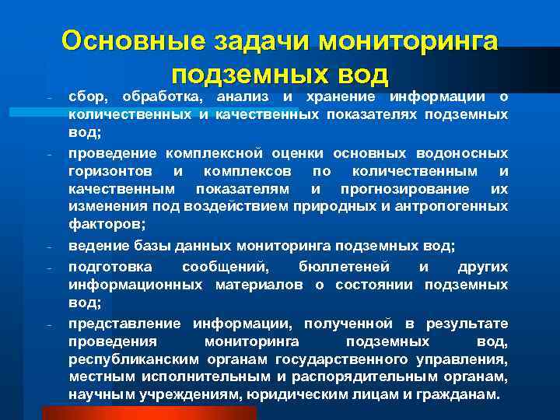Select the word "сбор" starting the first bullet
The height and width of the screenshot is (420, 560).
[85, 96]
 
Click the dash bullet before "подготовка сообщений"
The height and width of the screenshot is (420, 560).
[49, 267]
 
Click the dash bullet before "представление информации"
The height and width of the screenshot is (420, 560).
[49, 324]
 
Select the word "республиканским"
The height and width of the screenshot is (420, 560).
[134, 359]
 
